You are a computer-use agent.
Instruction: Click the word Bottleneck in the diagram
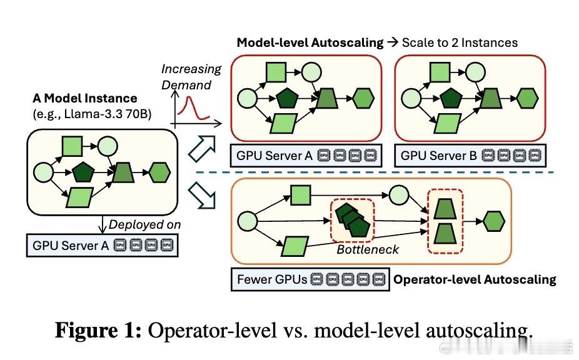point(368,250)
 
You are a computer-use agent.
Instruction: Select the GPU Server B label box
point(470,155)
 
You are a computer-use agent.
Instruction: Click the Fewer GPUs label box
point(309,279)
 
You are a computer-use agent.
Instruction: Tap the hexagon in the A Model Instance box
point(161,174)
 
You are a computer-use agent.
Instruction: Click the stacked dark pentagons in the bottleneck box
point(350,218)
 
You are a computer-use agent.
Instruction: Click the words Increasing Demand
point(191,76)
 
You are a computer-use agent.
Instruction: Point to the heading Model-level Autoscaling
point(310,42)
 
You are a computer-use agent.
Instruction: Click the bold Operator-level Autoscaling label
point(475,279)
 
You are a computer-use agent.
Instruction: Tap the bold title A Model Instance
point(85,99)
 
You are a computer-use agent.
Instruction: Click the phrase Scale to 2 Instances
point(460,42)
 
